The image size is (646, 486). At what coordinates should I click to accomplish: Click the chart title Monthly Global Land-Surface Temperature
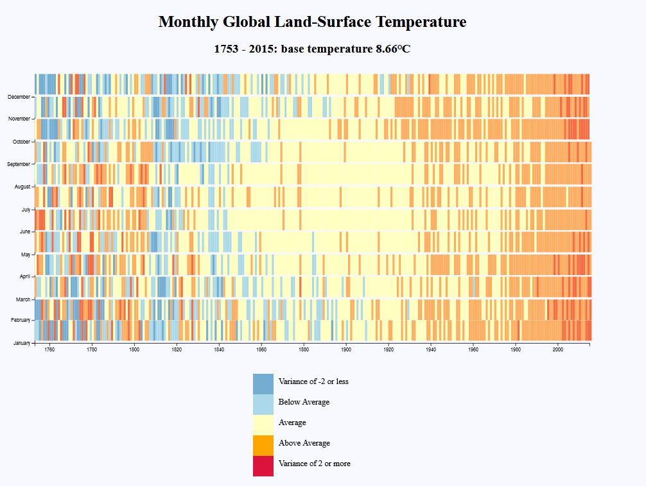pyautogui.click(x=312, y=22)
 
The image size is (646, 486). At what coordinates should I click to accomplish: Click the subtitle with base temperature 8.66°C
pyautogui.click(x=312, y=49)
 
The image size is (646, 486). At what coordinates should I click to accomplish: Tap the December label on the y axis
pyautogui.click(x=19, y=97)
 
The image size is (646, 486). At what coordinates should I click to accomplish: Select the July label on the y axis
pyautogui.click(x=26, y=209)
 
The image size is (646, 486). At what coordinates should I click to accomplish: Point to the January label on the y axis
pyautogui.click(x=21, y=343)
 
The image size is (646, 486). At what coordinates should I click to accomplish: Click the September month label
pyautogui.click(x=18, y=164)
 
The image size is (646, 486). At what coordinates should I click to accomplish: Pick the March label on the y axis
pyautogui.click(x=23, y=299)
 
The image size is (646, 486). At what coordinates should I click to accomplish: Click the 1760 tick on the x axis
pyautogui.click(x=49, y=349)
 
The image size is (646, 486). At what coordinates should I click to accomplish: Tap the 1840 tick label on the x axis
pyautogui.click(x=219, y=349)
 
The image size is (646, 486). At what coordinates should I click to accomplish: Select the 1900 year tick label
pyautogui.click(x=346, y=349)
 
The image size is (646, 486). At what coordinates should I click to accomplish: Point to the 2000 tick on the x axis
pyautogui.click(x=558, y=349)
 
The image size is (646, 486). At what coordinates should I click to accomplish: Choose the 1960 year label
pyautogui.click(x=473, y=349)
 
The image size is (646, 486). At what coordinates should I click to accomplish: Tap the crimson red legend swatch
pyautogui.click(x=263, y=466)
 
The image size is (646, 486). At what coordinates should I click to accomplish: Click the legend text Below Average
pyautogui.click(x=304, y=402)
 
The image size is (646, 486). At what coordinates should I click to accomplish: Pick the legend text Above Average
pyautogui.click(x=304, y=443)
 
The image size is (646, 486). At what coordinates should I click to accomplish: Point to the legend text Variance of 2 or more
pyautogui.click(x=315, y=464)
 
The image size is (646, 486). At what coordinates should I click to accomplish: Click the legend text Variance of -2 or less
pyautogui.click(x=313, y=381)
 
